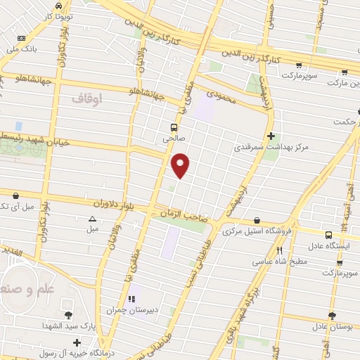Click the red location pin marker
click(181, 165)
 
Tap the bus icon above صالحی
click(173, 127)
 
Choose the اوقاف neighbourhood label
click(87, 101)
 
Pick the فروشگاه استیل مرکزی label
click(257, 231)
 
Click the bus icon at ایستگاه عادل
click(329, 236)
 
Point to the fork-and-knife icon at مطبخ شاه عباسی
click(279, 250)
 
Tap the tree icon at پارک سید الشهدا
click(68, 315)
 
